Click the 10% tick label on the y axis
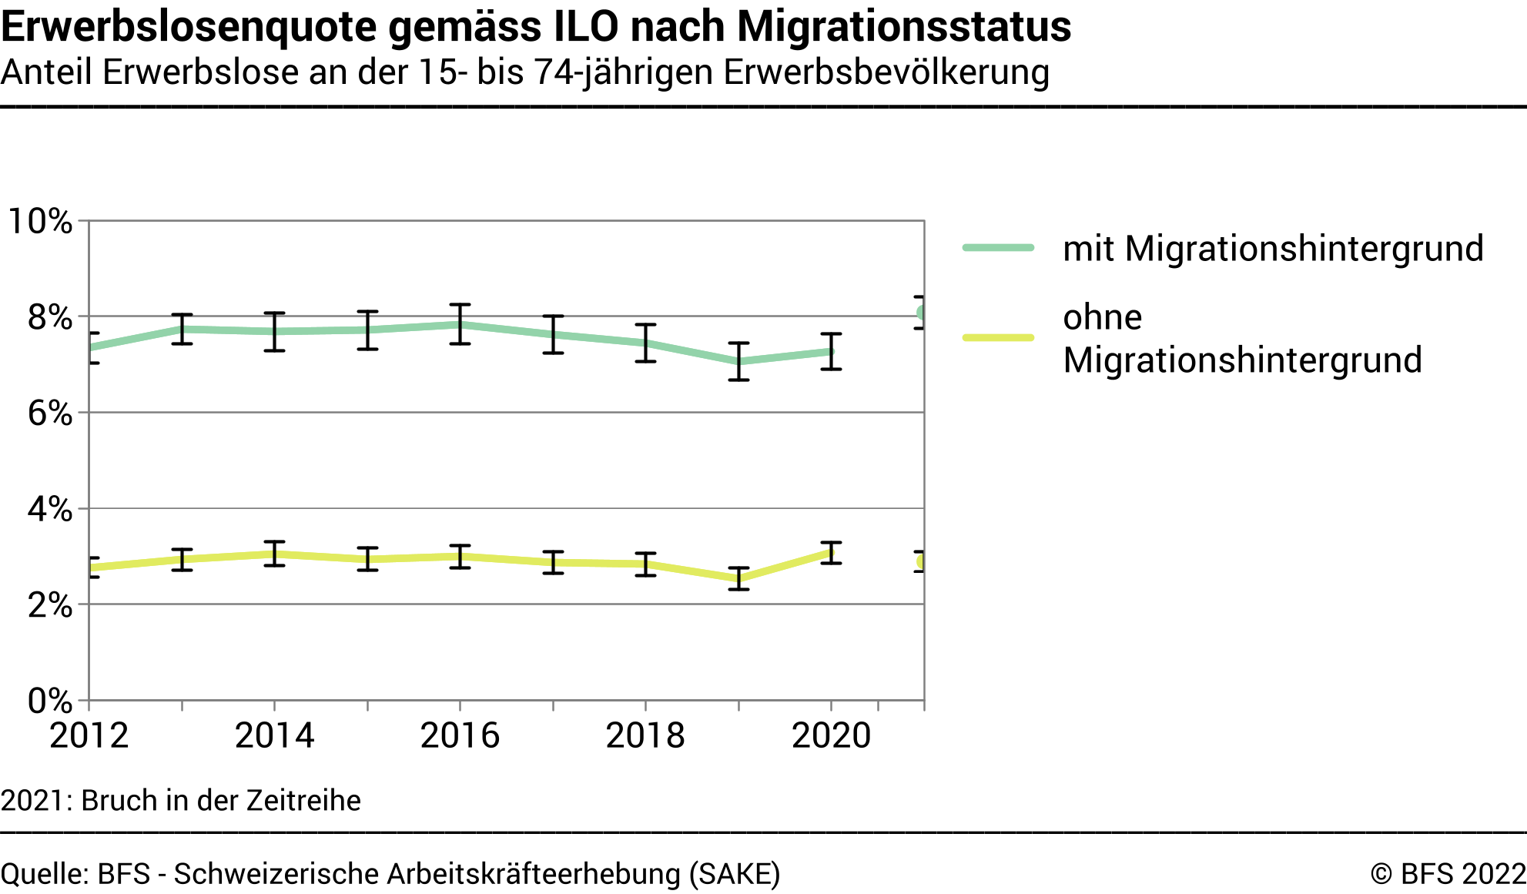click(x=39, y=222)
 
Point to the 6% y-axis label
click(x=49, y=414)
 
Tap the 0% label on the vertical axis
click(x=49, y=701)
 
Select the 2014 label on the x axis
click(x=274, y=735)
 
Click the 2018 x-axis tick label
click(x=645, y=735)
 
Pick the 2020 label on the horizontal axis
click(x=831, y=735)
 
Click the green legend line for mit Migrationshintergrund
click(x=998, y=248)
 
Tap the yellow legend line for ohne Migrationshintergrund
click(x=998, y=337)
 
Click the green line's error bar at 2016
click(x=460, y=324)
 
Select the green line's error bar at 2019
click(x=738, y=361)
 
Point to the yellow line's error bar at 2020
click(x=831, y=552)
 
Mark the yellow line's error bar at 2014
click(x=274, y=554)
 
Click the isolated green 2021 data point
click(x=921, y=313)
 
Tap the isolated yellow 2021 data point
click(x=921, y=561)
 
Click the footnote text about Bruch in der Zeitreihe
click(x=181, y=800)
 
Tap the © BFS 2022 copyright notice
click(x=1448, y=874)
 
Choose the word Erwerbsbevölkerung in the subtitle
click(x=886, y=72)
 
